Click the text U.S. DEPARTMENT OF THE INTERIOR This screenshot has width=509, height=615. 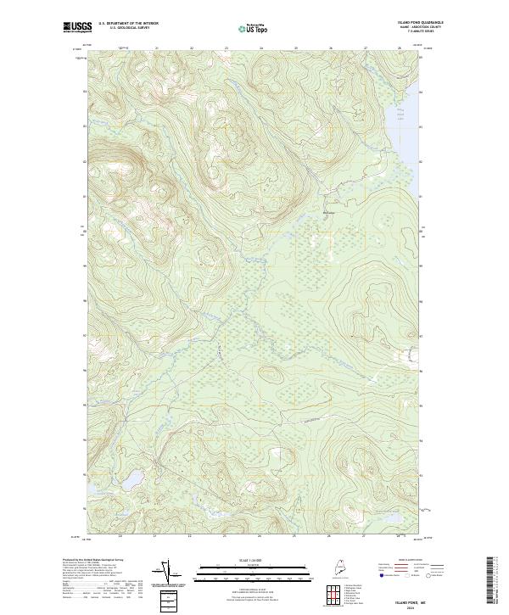[x=129, y=24]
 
